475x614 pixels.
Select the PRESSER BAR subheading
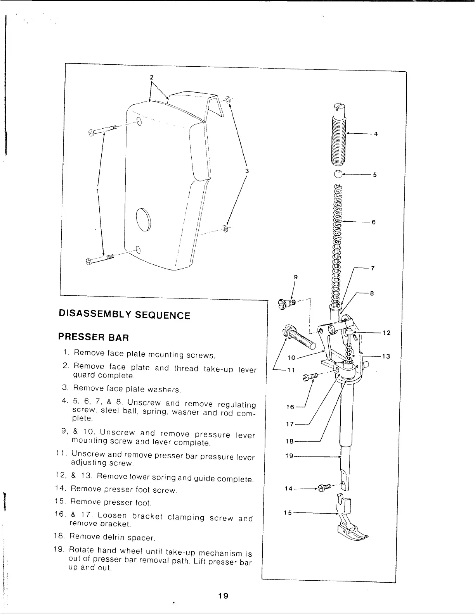[x=93, y=336]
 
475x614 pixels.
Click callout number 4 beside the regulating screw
[x=375, y=134]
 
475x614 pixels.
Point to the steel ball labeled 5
[x=337, y=174]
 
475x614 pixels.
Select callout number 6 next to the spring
[x=374, y=222]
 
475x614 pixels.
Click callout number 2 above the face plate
[x=152, y=77]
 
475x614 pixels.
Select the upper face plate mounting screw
[x=102, y=130]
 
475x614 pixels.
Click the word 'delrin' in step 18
[x=113, y=538]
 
